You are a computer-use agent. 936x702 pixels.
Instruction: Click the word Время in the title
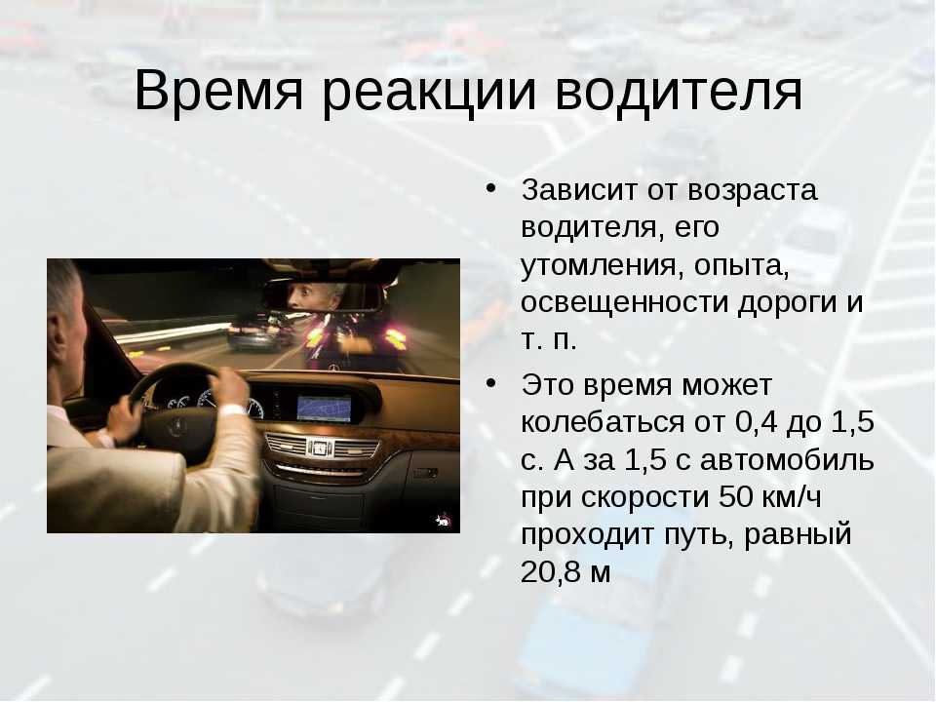(218, 92)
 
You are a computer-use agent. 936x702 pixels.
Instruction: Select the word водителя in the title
(679, 91)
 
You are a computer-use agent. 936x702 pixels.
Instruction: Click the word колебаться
(603, 421)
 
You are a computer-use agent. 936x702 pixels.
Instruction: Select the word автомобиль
(787, 459)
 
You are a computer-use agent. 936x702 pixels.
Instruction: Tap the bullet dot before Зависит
(490, 188)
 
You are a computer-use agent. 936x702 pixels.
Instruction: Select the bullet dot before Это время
(490, 382)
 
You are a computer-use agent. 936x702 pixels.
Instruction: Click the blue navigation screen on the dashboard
(324, 409)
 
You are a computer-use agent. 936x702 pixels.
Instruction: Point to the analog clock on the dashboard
(320, 448)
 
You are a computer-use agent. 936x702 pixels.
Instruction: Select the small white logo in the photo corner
(443, 521)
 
